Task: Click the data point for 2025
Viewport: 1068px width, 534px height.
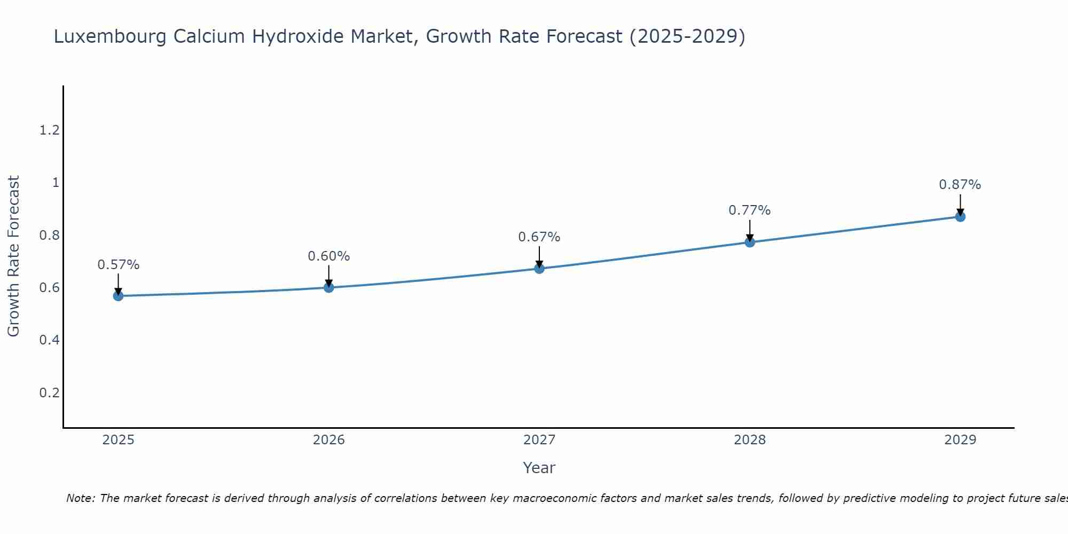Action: pos(118,296)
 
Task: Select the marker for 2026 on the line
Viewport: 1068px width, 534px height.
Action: pos(329,287)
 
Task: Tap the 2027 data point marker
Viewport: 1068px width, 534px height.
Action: pos(539,268)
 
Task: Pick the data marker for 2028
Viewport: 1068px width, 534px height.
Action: pos(750,242)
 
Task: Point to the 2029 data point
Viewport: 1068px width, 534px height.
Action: pos(960,216)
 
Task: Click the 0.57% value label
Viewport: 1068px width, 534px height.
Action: pos(118,265)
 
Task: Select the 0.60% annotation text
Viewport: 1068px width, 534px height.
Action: pos(329,256)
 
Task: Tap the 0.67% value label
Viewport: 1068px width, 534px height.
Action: pos(539,237)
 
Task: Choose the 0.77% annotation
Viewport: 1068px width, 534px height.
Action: pos(750,210)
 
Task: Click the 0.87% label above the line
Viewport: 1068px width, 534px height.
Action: pos(960,185)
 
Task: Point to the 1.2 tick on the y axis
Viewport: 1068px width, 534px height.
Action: pos(50,130)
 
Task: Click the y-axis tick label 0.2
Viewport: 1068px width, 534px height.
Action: pos(50,393)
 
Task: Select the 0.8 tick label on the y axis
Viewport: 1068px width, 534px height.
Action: pos(50,235)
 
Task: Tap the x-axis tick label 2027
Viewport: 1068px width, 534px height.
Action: pos(539,440)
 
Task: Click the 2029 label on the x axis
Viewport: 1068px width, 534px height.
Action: pos(960,440)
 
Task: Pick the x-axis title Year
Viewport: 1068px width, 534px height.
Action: pos(539,468)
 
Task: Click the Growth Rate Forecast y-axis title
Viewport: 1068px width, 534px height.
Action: pos(13,256)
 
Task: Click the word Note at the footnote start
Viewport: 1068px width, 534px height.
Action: pos(80,498)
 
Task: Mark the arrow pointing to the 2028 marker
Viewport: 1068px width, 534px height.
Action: pos(750,231)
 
